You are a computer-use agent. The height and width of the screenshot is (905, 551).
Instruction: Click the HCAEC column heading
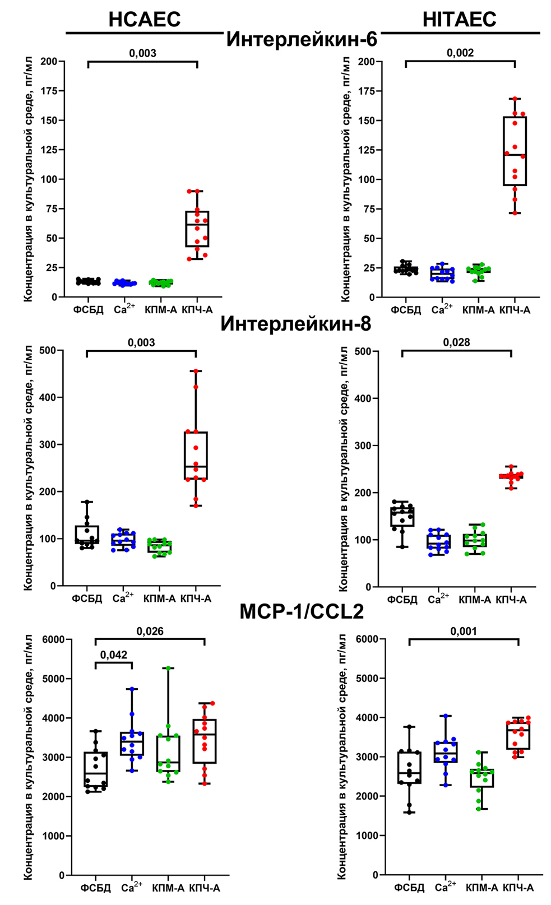point(145,20)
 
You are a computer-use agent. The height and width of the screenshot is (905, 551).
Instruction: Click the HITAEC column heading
point(459,20)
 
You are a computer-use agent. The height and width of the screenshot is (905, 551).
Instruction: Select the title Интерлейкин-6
point(302,40)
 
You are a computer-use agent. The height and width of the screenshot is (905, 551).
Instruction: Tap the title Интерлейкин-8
point(295,324)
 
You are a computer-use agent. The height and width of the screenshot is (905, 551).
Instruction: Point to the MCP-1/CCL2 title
point(302,611)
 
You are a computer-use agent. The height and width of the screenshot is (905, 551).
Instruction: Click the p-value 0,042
point(114,655)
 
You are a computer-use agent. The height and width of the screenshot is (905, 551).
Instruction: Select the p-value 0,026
point(150,632)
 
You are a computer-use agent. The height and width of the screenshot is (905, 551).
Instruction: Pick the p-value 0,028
point(456,342)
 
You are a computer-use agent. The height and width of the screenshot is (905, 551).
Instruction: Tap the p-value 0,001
point(464,632)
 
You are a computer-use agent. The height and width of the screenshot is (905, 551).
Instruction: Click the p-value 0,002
point(460,53)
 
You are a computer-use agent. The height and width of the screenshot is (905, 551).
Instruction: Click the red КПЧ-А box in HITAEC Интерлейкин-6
point(515,151)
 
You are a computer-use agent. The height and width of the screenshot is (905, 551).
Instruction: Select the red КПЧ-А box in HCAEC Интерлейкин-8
point(196,456)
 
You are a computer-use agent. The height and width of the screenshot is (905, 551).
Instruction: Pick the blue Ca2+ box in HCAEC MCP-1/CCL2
point(132,744)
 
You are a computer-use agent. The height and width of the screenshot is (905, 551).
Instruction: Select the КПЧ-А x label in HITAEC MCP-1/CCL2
point(518,888)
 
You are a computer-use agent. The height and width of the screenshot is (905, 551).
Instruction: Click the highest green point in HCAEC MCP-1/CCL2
point(169,668)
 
